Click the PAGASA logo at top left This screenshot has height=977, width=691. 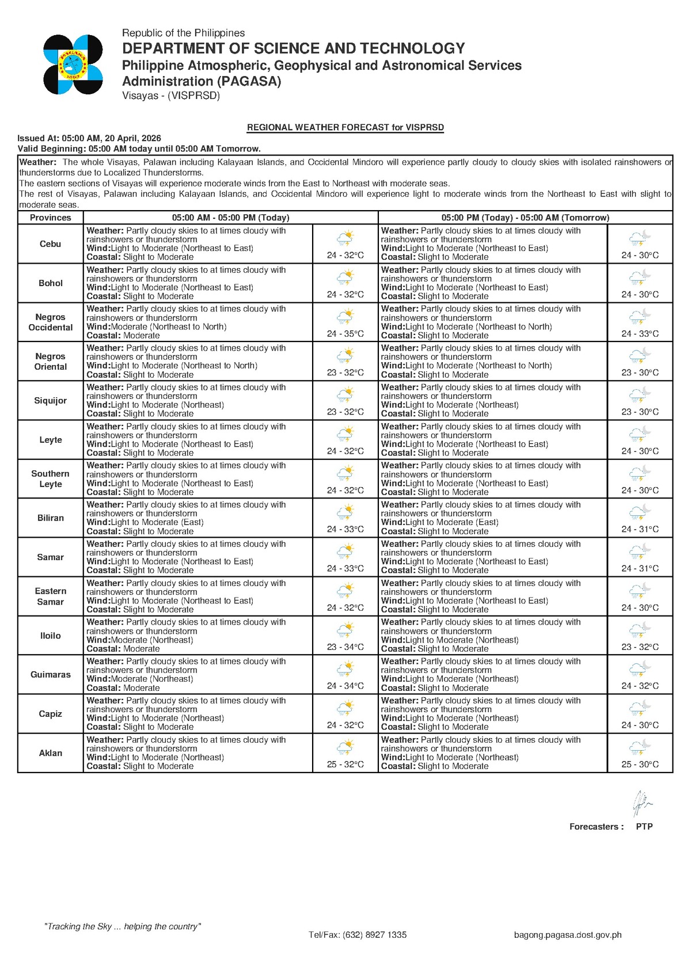(x=73, y=64)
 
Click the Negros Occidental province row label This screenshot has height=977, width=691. (x=51, y=322)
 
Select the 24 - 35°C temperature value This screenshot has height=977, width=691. (x=345, y=333)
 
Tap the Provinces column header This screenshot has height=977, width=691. (x=51, y=218)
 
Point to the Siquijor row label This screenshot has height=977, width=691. (x=51, y=401)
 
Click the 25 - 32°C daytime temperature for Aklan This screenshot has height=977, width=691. (x=345, y=764)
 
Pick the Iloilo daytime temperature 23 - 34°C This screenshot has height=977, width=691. (x=345, y=647)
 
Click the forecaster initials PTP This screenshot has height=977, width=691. (x=644, y=826)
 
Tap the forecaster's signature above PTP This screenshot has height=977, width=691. (x=641, y=804)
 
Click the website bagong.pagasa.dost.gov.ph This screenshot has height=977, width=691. (x=568, y=934)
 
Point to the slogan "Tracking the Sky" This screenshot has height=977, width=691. (x=123, y=926)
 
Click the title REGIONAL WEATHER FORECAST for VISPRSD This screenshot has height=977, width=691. (x=345, y=127)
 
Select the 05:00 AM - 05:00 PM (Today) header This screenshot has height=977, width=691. (x=230, y=218)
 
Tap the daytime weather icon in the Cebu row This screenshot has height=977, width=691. (x=345, y=238)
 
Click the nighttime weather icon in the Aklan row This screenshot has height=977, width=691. (x=640, y=748)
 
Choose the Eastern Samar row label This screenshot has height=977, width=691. (x=51, y=596)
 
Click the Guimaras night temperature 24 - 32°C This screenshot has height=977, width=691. (x=640, y=686)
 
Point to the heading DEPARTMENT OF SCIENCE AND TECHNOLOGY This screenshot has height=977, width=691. (x=294, y=48)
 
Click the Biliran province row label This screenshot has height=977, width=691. (x=51, y=518)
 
